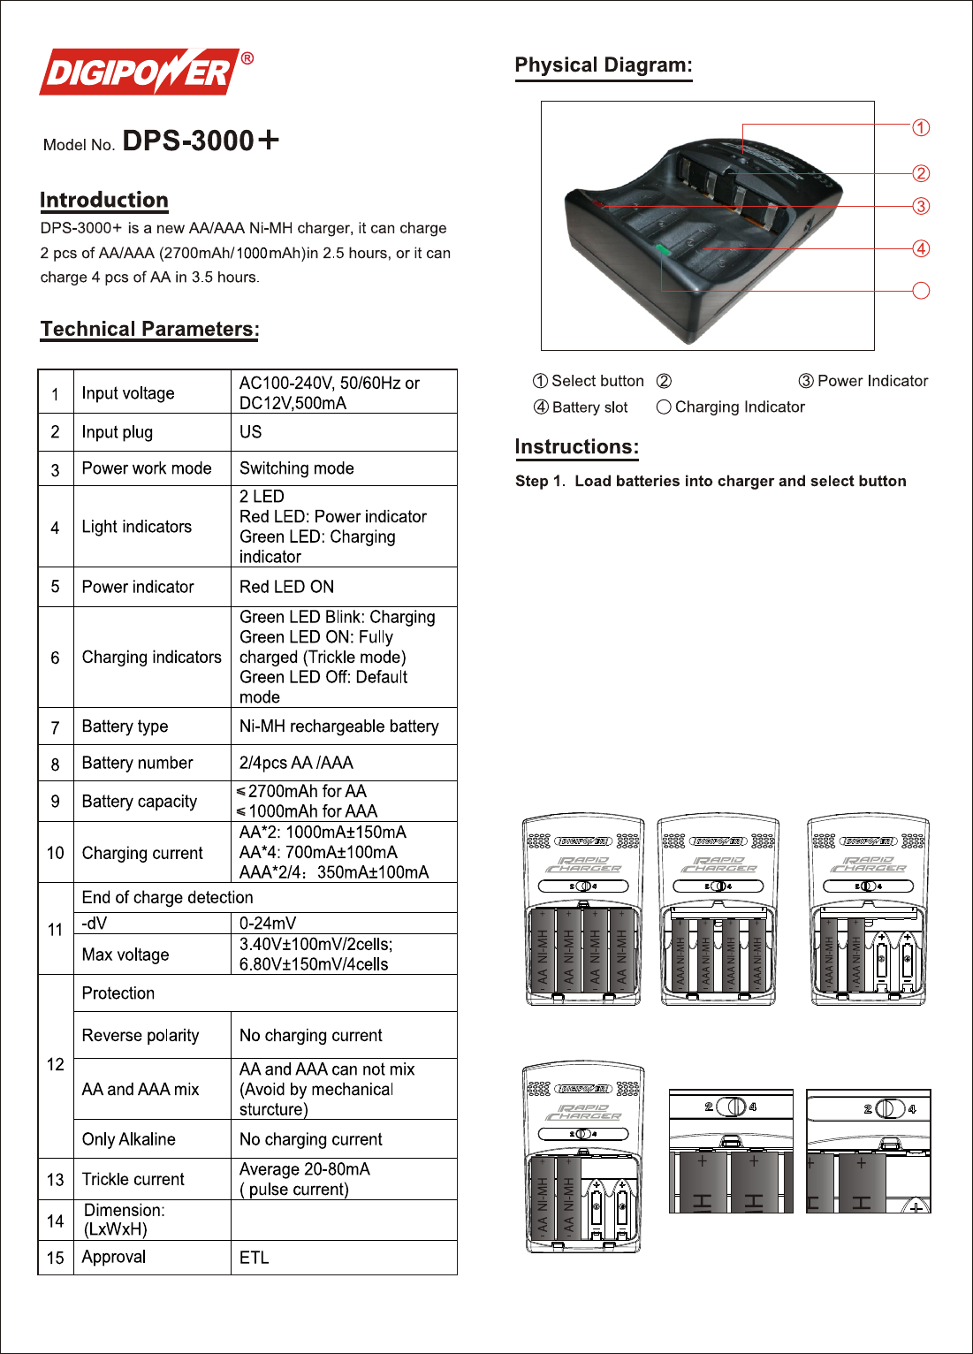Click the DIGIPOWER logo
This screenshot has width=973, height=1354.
[x=140, y=72]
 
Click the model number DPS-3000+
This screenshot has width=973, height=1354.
[x=201, y=141]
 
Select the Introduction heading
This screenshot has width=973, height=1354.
[x=104, y=201]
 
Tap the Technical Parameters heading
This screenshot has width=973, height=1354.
[x=149, y=329]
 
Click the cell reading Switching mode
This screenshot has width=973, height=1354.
[x=297, y=468]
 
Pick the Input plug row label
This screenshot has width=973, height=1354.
[x=118, y=432]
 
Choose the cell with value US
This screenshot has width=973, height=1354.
[x=251, y=432]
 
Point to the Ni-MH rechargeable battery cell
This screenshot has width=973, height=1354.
[x=339, y=726]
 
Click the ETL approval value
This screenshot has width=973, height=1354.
[x=255, y=1258]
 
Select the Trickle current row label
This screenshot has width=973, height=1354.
[x=133, y=1179]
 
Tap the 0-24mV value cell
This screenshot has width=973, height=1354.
[x=269, y=923]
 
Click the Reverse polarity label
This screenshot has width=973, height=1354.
[x=141, y=1035]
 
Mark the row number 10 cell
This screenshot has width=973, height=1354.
[x=56, y=853]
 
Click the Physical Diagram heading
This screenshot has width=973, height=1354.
[x=604, y=65]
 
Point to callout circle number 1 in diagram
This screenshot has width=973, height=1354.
[x=921, y=128]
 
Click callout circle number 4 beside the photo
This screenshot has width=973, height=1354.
[x=921, y=248]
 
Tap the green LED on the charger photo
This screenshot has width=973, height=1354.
[x=664, y=250]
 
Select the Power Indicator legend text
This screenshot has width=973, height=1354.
[x=872, y=381]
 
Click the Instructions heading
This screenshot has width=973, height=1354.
[x=577, y=447]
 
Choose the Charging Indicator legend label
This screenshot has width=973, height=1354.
[x=740, y=407]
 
